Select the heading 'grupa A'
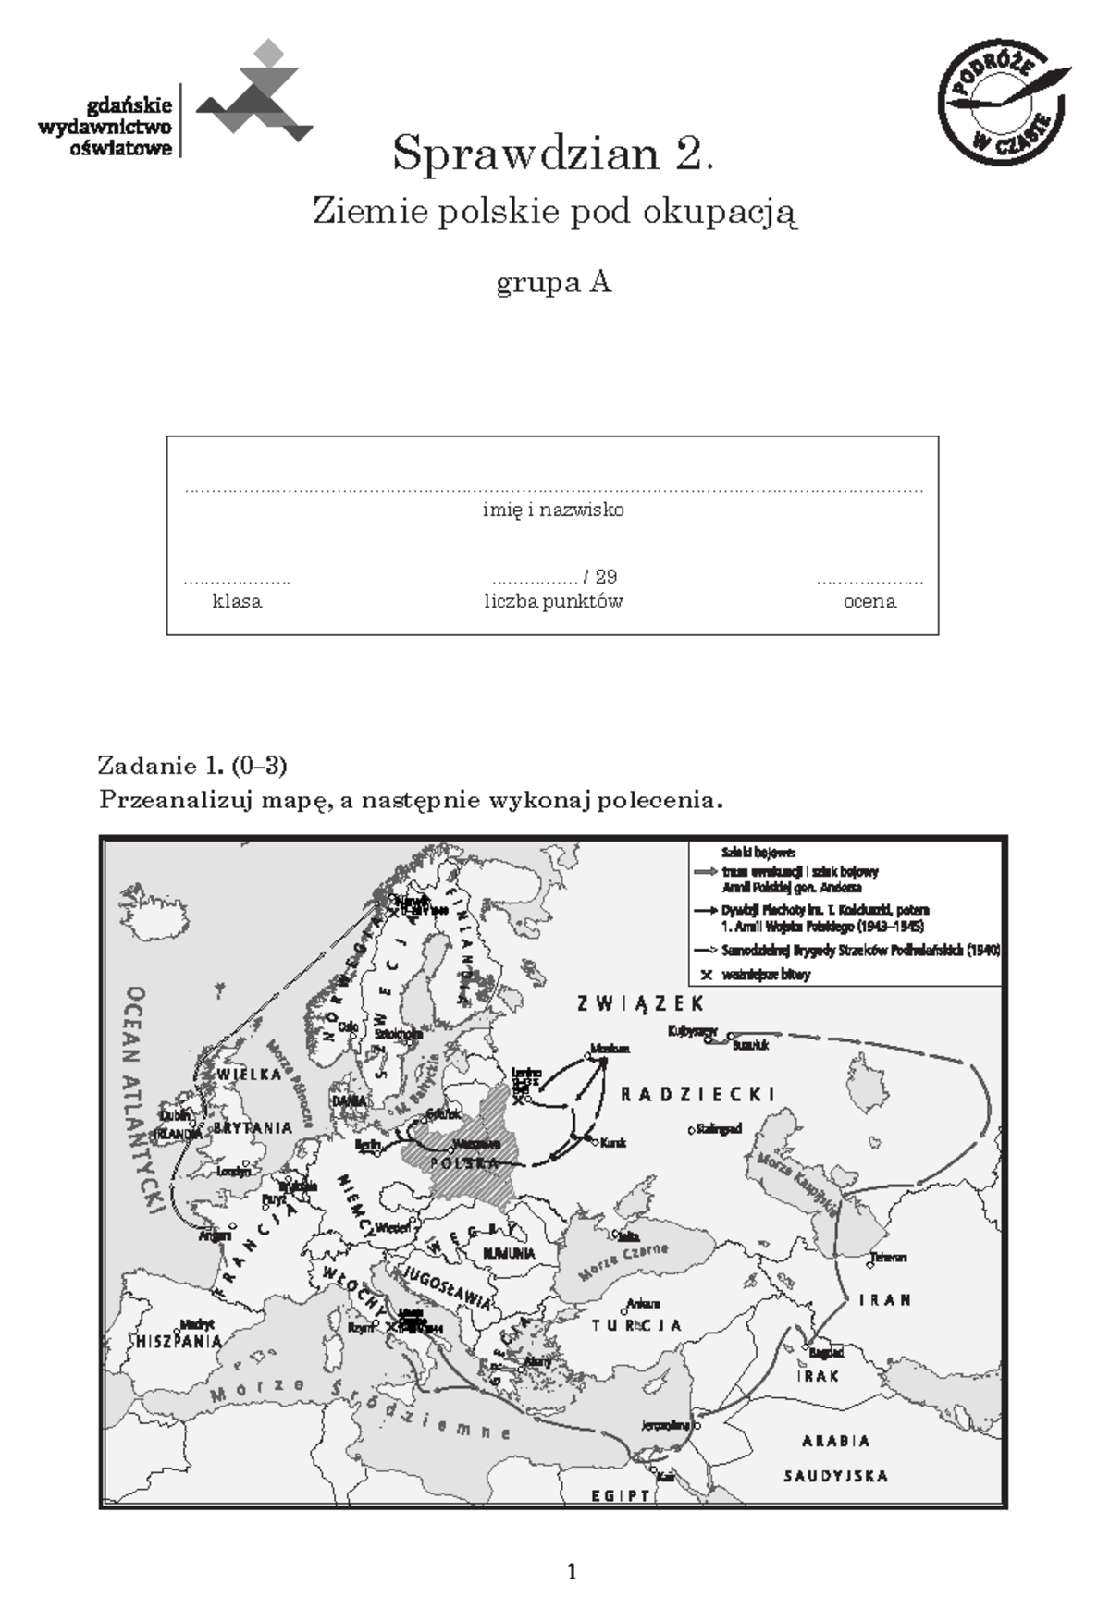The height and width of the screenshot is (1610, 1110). [553, 282]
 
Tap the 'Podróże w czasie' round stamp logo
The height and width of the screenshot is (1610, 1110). [1003, 104]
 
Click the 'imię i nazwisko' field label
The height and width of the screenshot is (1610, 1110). [553, 510]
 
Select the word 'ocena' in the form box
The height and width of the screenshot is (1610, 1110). [869, 601]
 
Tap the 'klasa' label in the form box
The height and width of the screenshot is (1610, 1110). [237, 601]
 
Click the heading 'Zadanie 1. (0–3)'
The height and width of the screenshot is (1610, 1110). [192, 766]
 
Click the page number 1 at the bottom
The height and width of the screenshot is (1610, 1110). [572, 1571]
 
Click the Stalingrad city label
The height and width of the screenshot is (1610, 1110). [721, 1129]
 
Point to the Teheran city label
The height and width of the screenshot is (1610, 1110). [887, 1257]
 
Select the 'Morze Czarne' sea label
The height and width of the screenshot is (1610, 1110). [623, 1263]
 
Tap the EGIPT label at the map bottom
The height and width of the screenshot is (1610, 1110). [621, 1495]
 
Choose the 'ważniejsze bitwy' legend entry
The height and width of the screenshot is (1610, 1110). [767, 975]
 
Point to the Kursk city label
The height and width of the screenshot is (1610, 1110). [613, 1143]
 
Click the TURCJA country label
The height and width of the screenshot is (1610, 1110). [637, 1325]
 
